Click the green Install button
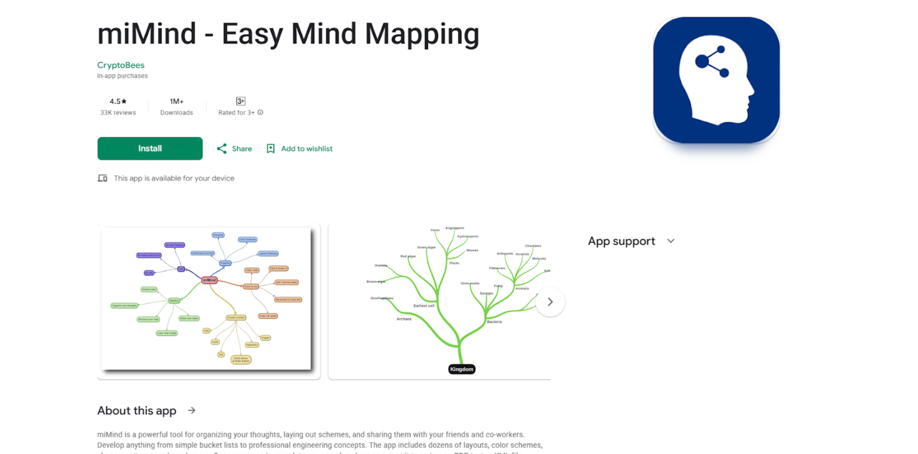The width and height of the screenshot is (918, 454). [150, 148]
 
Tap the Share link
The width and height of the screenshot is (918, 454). [234, 149]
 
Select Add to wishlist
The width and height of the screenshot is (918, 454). [300, 149]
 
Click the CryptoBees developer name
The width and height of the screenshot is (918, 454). [121, 65]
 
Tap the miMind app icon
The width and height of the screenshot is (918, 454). [716, 80]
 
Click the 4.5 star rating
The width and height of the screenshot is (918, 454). [118, 101]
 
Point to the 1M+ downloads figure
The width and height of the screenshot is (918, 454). [176, 101]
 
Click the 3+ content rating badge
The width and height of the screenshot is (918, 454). [241, 101]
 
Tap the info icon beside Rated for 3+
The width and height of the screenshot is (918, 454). [260, 112]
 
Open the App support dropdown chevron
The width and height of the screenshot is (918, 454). [671, 241]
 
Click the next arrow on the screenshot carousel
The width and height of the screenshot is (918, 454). [550, 302]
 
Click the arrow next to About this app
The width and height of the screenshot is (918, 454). [192, 410]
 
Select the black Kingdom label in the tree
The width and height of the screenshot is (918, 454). [462, 369]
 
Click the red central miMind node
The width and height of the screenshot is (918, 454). [209, 280]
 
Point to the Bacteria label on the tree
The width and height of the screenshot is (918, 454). [494, 322]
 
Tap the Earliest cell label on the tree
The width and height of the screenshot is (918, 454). [424, 306]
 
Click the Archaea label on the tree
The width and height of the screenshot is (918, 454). [404, 319]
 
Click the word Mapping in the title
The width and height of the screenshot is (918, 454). [422, 35]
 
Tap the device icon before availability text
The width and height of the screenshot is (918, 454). [102, 178]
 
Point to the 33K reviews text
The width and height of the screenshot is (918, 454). [118, 113]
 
